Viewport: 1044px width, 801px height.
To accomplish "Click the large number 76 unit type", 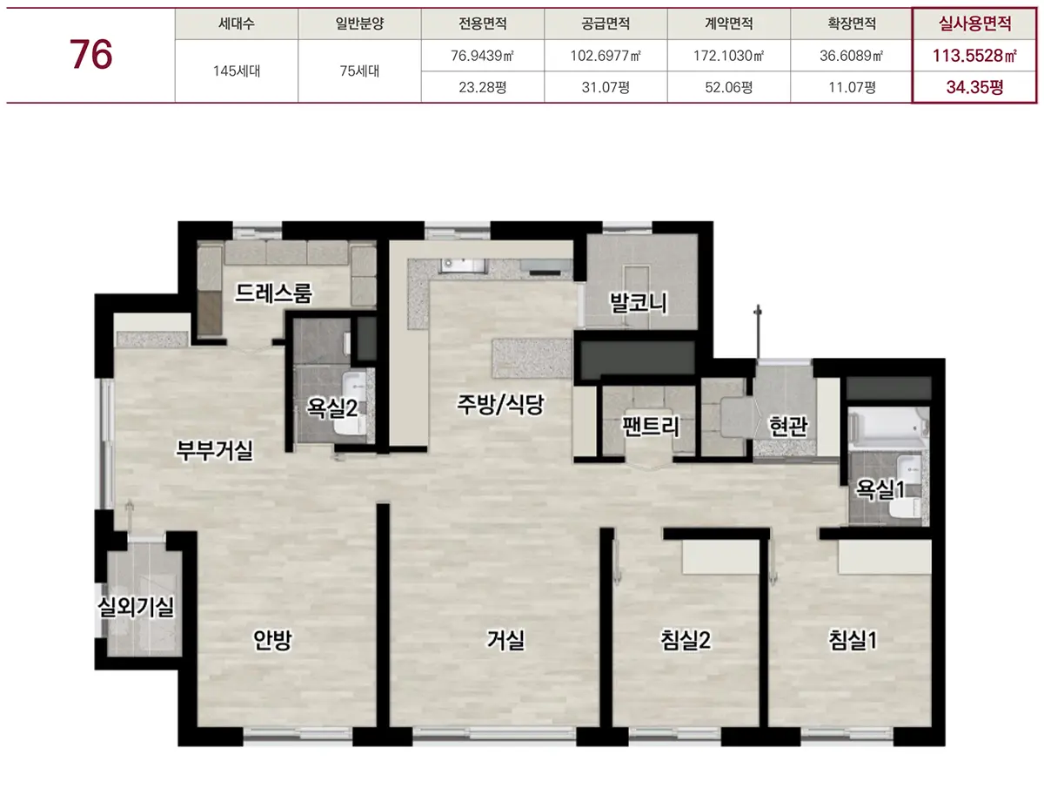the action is click(x=90, y=54).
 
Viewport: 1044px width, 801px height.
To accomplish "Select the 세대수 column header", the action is click(x=237, y=24).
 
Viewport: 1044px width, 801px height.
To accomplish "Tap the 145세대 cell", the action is click(x=237, y=71).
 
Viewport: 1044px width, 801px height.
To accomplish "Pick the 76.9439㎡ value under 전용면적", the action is click(x=482, y=56).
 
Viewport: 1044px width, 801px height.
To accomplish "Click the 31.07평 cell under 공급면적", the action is click(x=606, y=87).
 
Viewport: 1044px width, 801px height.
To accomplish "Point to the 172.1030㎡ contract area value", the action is click(x=728, y=56).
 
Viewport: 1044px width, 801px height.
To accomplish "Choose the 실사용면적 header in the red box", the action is click(x=974, y=24).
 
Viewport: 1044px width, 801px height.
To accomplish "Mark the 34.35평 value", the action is click(x=974, y=87).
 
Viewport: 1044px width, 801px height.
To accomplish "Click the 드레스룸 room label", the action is click(x=273, y=293).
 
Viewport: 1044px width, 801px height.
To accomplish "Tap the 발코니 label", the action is click(x=639, y=303).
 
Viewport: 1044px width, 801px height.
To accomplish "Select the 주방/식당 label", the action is click(x=500, y=404).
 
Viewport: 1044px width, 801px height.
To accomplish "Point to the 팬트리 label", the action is click(x=651, y=426).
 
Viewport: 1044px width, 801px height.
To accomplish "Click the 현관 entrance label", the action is click(x=788, y=426).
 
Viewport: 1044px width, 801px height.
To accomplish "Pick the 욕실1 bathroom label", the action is click(x=880, y=489).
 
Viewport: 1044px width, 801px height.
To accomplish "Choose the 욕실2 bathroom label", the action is click(x=332, y=408).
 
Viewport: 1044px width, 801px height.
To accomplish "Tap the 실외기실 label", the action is click(x=136, y=607).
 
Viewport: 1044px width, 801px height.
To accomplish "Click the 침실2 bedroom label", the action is click(x=686, y=640).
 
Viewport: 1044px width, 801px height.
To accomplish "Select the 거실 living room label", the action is click(x=506, y=640).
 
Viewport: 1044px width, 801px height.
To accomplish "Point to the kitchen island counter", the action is click(x=532, y=358).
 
